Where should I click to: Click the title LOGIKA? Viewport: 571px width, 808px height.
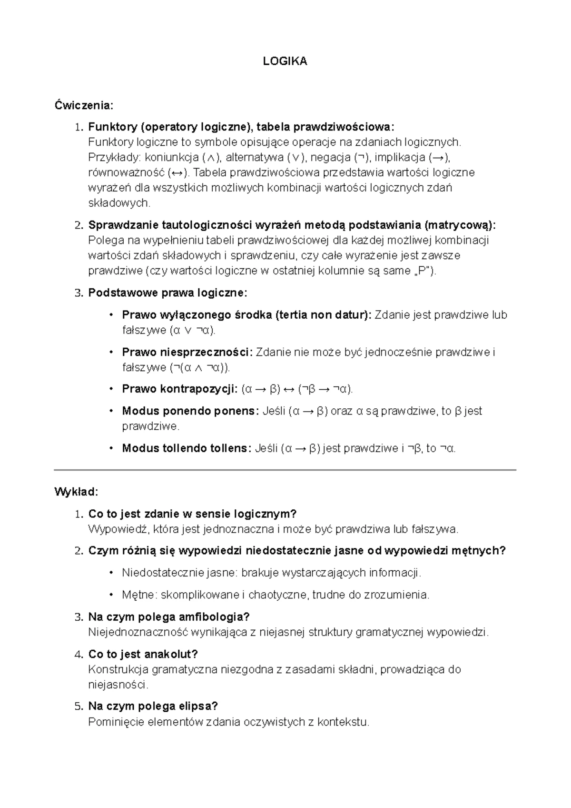[285, 61]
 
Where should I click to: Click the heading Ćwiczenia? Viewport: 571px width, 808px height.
[84, 105]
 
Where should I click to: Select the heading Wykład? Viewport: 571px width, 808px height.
[76, 491]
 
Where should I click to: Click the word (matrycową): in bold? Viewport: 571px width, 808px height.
[462, 225]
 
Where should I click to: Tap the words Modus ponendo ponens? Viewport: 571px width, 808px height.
[191, 411]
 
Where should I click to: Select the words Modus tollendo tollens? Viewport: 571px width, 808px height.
[187, 448]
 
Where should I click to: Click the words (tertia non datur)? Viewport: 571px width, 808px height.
[324, 315]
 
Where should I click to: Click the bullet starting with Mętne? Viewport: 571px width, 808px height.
[276, 595]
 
